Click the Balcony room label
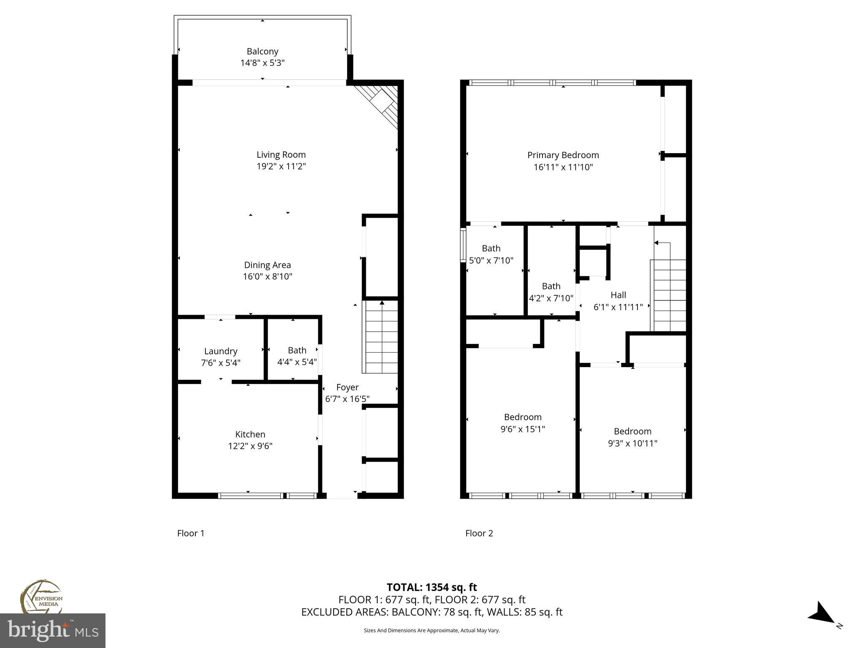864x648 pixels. point(262,51)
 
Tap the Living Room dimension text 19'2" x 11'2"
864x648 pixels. point(281,166)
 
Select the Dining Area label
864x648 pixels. point(267,265)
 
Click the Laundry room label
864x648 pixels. point(221,351)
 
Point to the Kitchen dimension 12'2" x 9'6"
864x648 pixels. point(250,446)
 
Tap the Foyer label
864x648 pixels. point(347,387)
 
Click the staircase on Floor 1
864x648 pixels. point(381,337)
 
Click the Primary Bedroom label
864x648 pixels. point(563,155)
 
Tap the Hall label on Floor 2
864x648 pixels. point(618,295)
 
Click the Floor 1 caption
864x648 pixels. point(191,533)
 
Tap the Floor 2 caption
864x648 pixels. point(479,533)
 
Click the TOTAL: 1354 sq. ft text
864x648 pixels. point(432,587)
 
